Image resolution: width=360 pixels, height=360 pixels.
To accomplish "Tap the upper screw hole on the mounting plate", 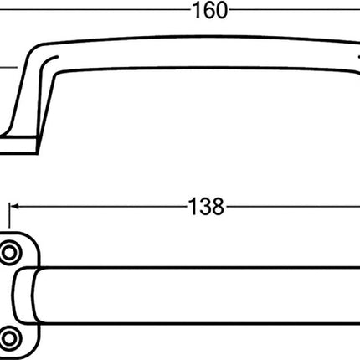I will click(13, 253).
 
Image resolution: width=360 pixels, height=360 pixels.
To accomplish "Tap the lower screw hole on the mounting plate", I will click(13, 337).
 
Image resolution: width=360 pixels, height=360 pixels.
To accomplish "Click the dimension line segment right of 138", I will click(293, 206).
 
